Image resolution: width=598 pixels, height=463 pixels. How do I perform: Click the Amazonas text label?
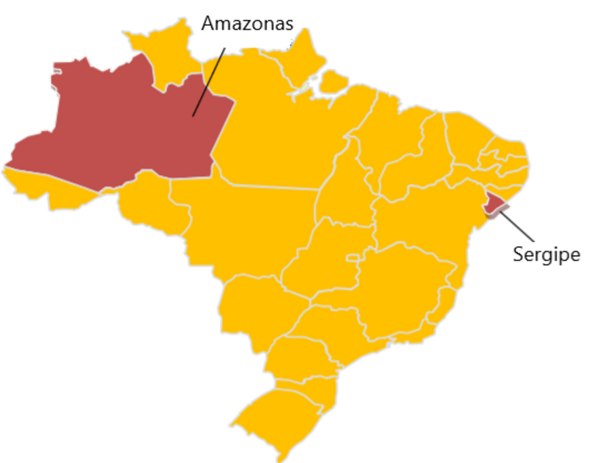coord(248,24)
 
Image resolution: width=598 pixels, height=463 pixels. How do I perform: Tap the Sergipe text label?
coord(546,255)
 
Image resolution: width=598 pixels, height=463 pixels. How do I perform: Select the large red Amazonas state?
coord(122,128)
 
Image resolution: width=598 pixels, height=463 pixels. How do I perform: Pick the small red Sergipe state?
coord(495,202)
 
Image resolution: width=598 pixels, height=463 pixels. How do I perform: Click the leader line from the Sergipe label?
coord(517,227)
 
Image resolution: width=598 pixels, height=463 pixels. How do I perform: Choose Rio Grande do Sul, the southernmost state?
coord(277,419)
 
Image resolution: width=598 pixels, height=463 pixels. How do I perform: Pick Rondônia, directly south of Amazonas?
coord(149,203)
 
